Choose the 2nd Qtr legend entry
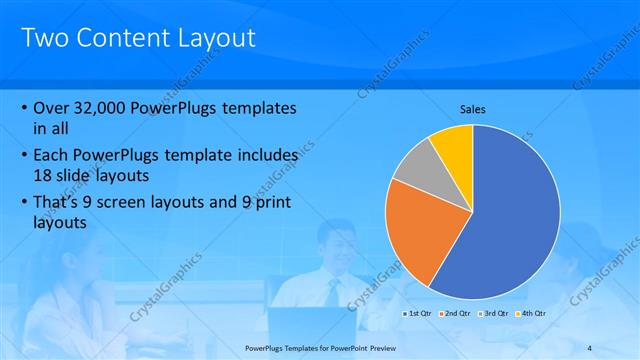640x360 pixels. [x=455, y=314]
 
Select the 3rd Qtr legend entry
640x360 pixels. [x=493, y=314]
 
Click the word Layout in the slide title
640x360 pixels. [x=216, y=39]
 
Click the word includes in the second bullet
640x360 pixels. [x=262, y=156]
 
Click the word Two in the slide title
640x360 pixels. [x=43, y=39]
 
